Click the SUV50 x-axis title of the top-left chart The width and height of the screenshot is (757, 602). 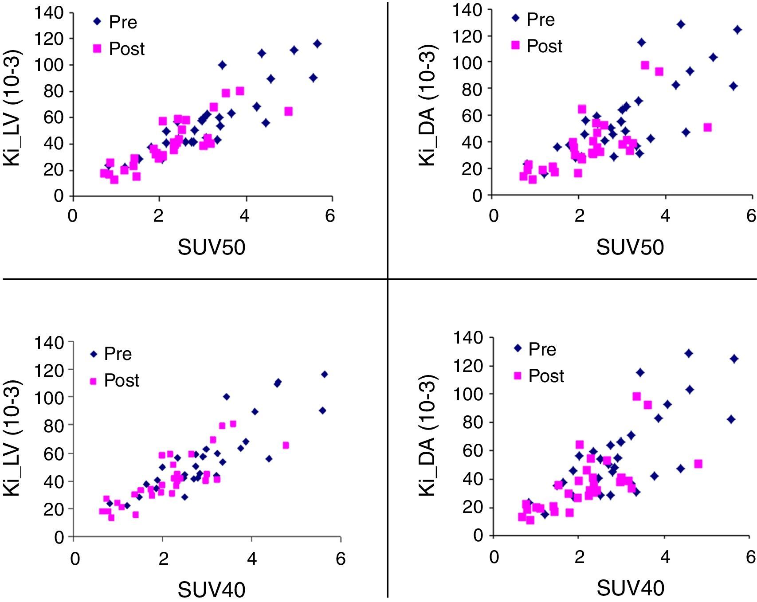(212, 247)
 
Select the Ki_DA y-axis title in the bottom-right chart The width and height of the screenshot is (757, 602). (428, 437)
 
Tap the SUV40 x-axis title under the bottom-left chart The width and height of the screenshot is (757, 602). (212, 590)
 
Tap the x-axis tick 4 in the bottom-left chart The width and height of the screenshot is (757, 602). (252, 559)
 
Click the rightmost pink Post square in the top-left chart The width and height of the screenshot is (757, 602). (288, 111)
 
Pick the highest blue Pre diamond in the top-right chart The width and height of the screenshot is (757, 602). (681, 24)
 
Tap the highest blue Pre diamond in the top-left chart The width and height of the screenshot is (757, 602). (317, 43)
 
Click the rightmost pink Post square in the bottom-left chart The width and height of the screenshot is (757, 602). (286, 445)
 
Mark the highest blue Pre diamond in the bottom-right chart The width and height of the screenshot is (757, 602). (689, 353)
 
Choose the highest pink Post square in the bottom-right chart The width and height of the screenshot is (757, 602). (636, 396)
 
